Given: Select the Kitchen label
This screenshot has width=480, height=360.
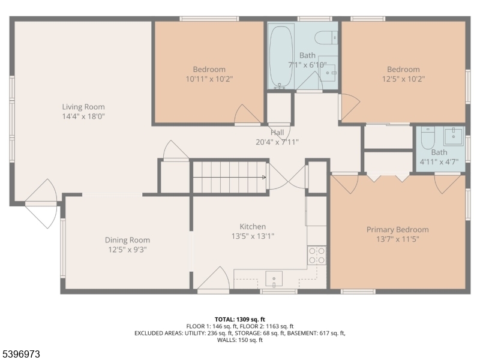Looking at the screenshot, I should click(x=253, y=226).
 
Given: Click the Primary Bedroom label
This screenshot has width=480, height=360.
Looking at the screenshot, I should click(x=397, y=229).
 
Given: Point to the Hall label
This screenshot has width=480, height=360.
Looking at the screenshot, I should click(x=277, y=133).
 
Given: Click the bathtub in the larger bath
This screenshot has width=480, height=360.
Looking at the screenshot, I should click(x=281, y=56).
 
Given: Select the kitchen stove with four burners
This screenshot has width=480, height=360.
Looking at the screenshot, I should click(x=316, y=256).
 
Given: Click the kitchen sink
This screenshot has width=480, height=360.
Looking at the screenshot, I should click(x=274, y=279).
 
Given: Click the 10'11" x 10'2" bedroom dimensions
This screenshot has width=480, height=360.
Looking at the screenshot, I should click(x=209, y=79).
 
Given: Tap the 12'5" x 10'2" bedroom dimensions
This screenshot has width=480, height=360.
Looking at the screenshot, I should click(x=403, y=79).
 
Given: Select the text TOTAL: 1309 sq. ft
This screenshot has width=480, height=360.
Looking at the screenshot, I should click(x=240, y=319).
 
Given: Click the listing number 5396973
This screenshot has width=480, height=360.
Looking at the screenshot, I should click(x=21, y=355).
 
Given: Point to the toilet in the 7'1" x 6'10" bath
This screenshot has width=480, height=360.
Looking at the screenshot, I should click(x=327, y=37).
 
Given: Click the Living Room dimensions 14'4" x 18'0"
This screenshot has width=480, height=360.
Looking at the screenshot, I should click(x=83, y=116).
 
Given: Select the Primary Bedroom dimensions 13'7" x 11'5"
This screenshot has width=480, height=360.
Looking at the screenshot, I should click(x=397, y=239).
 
